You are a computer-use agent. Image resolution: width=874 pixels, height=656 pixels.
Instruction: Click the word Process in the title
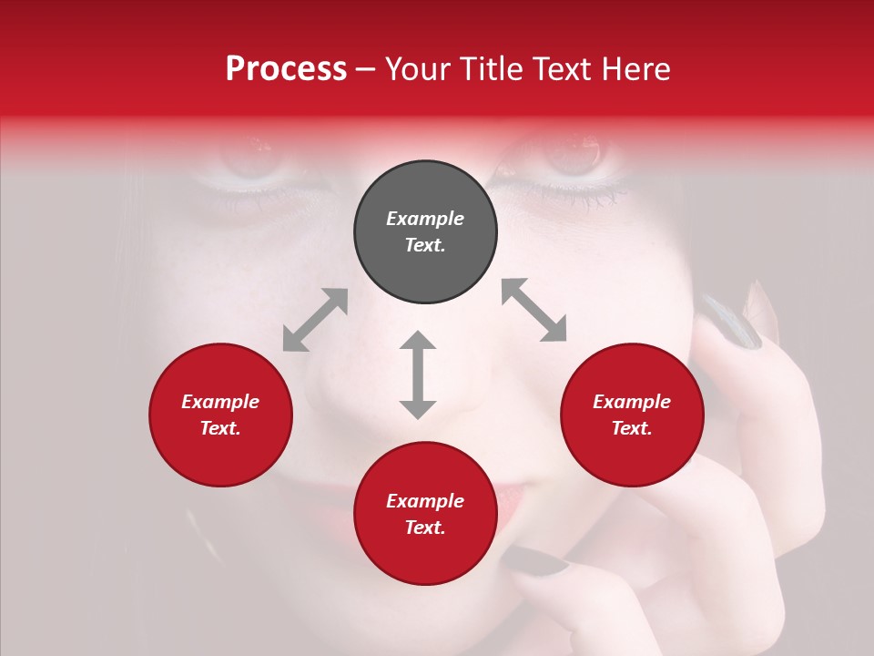(x=286, y=69)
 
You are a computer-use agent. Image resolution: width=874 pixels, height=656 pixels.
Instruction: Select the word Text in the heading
(x=562, y=69)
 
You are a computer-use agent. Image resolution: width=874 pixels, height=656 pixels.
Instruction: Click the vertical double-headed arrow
(x=418, y=374)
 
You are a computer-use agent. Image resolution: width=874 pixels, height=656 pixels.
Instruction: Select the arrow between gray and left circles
(x=315, y=320)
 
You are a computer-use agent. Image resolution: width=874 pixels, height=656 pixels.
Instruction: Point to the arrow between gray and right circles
(x=534, y=311)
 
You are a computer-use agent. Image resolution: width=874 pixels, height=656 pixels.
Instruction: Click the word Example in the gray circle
(x=425, y=219)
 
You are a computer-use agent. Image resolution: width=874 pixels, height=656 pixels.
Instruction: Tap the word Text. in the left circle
(x=220, y=428)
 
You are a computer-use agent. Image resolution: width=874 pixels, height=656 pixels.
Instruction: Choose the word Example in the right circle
(x=632, y=402)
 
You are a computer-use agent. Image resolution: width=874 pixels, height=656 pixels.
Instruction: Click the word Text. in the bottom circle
(x=425, y=528)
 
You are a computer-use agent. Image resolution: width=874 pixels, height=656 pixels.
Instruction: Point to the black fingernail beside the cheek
(x=735, y=323)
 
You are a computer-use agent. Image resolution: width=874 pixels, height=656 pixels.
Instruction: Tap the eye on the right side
(x=574, y=157)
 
